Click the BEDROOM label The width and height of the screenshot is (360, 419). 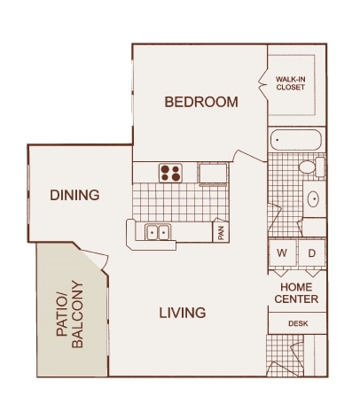(x=201, y=102)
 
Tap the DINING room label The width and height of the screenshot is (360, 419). (x=74, y=195)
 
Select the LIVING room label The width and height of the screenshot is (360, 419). (x=183, y=313)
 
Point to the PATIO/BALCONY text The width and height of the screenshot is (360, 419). (x=70, y=314)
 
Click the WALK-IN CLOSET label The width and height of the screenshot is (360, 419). (x=290, y=83)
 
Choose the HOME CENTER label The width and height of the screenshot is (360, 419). (x=296, y=293)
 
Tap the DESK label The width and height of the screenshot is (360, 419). (x=298, y=323)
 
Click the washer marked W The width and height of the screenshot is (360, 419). (x=282, y=252)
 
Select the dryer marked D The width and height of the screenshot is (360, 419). (x=312, y=252)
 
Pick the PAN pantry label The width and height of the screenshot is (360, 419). (x=221, y=233)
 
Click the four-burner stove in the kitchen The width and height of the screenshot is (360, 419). (x=170, y=173)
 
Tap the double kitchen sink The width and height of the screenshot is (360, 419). (x=158, y=232)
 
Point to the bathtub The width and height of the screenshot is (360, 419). (x=295, y=140)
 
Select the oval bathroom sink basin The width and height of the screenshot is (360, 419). (x=313, y=199)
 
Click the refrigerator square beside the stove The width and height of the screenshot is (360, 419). (x=213, y=174)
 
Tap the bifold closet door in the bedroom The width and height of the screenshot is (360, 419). (x=263, y=83)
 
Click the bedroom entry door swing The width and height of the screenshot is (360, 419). (x=250, y=156)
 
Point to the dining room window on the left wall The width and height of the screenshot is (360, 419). (x=28, y=194)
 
